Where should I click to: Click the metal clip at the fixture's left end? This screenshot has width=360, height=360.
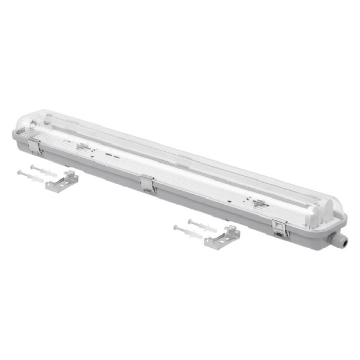coord(35,146)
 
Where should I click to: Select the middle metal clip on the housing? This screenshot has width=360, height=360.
coord(148,184)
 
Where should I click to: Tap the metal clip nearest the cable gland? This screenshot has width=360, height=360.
coord(281,228)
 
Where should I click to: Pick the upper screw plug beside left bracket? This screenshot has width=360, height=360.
coord(44,170)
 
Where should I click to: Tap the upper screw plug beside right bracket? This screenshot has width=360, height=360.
coord(202,225)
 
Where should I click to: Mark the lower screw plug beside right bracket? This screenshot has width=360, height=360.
coord(188,231)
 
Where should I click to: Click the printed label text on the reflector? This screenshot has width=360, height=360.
coord(82,147)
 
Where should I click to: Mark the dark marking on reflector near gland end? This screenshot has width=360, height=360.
coord(257,204)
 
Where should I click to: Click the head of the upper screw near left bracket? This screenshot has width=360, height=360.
coord(32,167)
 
